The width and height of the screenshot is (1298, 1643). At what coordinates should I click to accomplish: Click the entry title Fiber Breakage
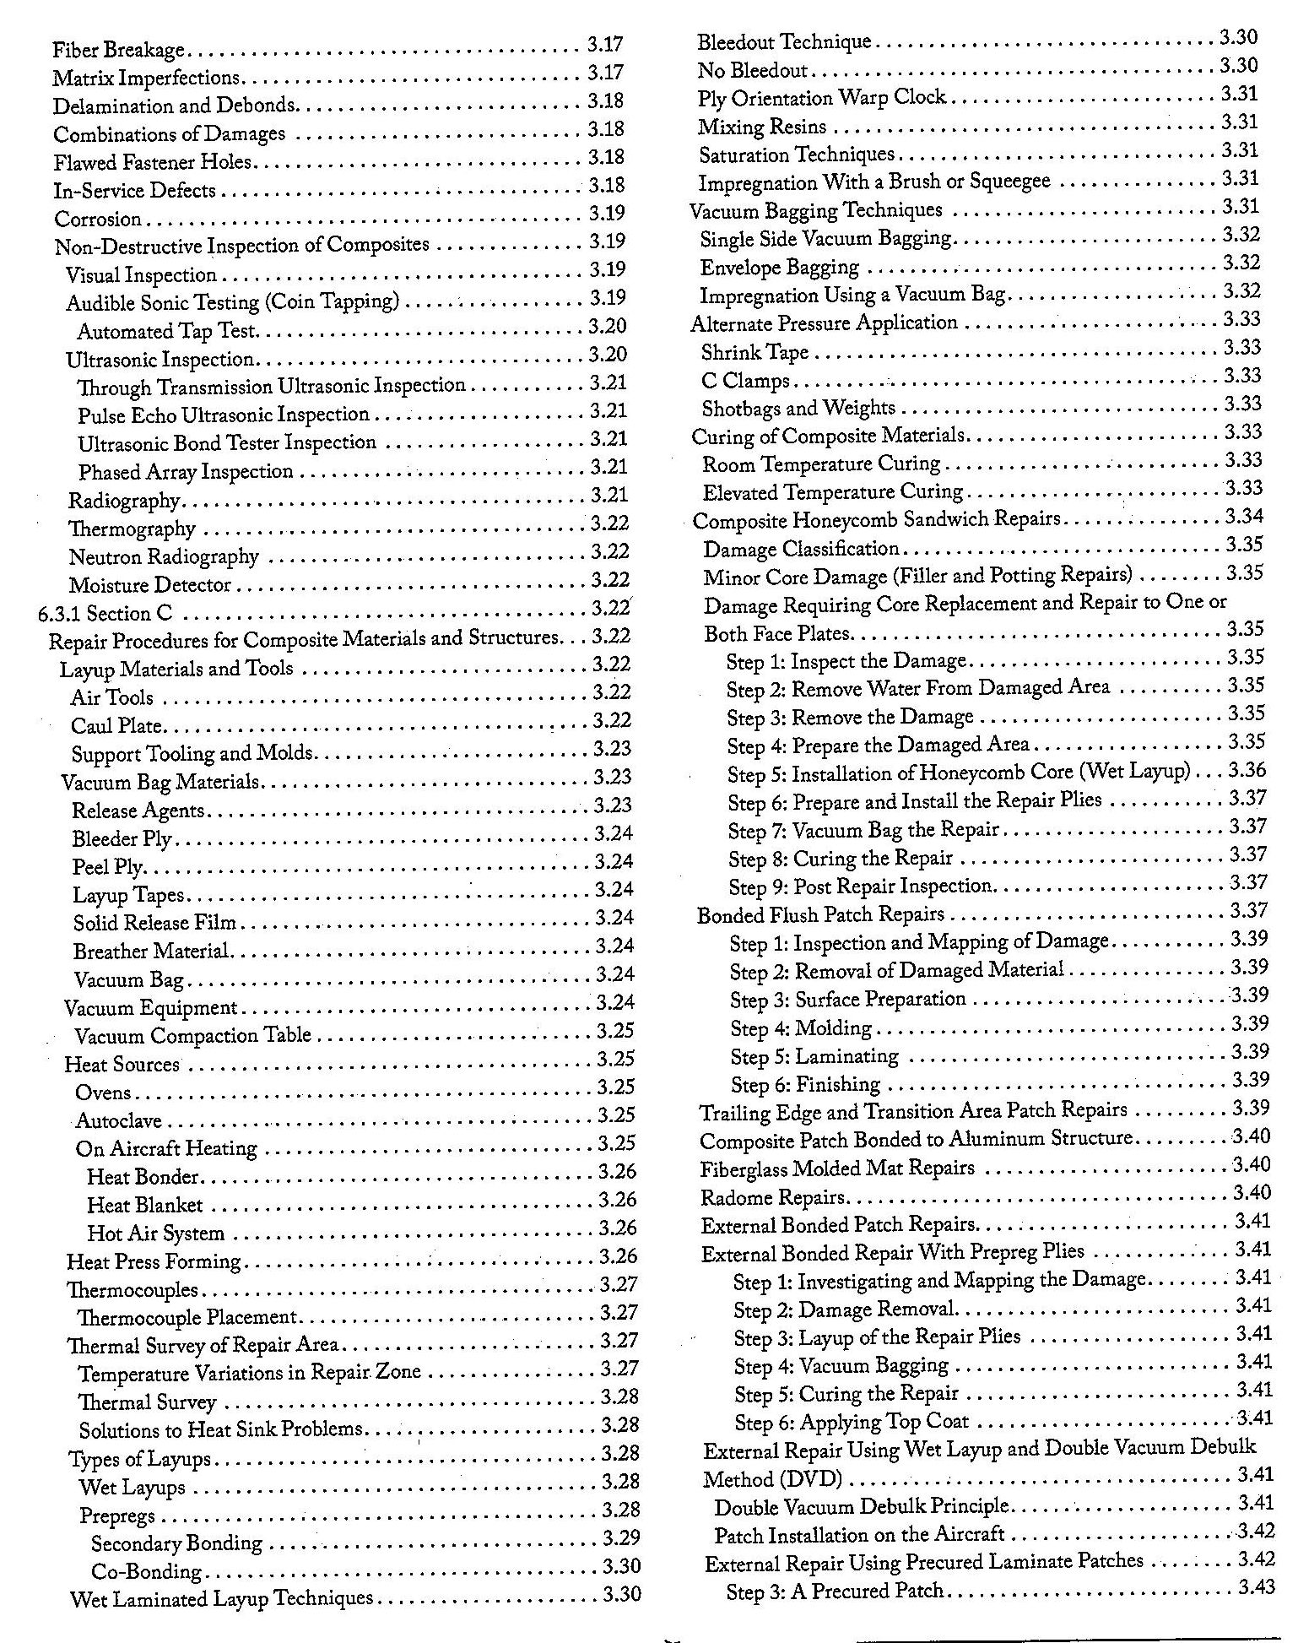pos(118,50)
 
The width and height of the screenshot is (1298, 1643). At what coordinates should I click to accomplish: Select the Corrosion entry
pos(98,220)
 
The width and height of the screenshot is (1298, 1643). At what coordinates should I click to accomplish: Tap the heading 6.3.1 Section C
pos(105,614)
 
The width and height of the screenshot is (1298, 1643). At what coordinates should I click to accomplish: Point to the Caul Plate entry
pos(116,726)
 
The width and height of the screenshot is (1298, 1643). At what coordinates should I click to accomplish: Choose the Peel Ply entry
pos(108,867)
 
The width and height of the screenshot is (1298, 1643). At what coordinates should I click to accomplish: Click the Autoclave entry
pos(118,1120)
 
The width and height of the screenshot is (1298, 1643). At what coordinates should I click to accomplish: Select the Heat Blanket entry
pos(145,1205)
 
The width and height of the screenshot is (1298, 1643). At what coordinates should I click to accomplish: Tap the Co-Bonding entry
pos(147,1571)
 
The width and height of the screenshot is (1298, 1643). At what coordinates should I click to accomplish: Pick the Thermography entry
pos(132,529)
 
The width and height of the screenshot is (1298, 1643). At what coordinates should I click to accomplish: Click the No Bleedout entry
pos(753,70)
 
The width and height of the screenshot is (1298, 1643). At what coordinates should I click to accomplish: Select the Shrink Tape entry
pos(755,352)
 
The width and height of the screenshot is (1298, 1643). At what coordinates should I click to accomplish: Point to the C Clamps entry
pos(745,381)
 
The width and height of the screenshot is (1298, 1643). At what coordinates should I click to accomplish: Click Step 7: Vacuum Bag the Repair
pos(863,831)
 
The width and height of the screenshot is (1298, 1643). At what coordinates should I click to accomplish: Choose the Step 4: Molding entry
pos(801,1028)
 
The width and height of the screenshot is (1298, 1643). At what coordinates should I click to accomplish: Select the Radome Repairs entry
pos(772,1197)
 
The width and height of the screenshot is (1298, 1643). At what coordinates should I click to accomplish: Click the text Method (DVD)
pos(772,1479)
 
